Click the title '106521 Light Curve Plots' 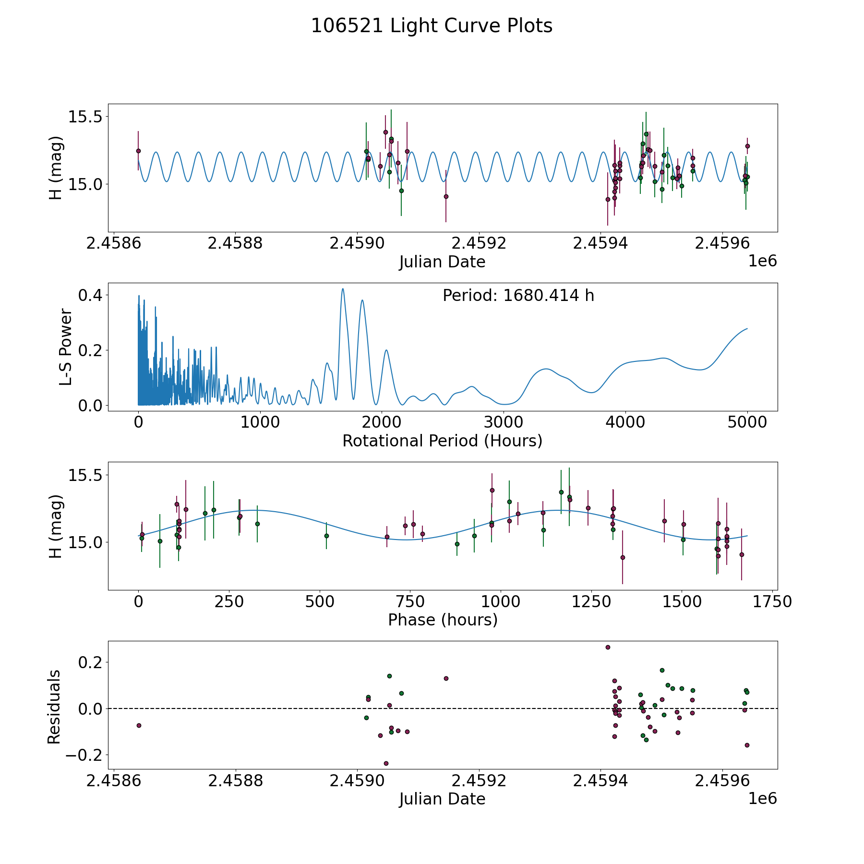coord(432,26)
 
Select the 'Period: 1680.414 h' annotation coord(518,296)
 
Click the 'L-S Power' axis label coord(66,347)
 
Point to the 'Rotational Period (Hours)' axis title coord(442,441)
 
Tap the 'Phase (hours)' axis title coord(443,620)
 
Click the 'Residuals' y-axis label coord(54,707)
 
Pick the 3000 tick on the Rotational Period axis coord(504,422)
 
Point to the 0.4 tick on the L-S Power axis coord(91,295)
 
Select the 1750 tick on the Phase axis coord(772,601)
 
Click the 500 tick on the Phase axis coord(320,601)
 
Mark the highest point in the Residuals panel coord(608,647)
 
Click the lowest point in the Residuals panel coord(386,763)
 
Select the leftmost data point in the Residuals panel coord(139,725)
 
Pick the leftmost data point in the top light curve coord(138,151)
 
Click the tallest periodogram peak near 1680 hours coord(343,289)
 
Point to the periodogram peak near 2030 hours coord(386,350)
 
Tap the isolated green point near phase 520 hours coord(326,536)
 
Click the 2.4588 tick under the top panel coord(235,243)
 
